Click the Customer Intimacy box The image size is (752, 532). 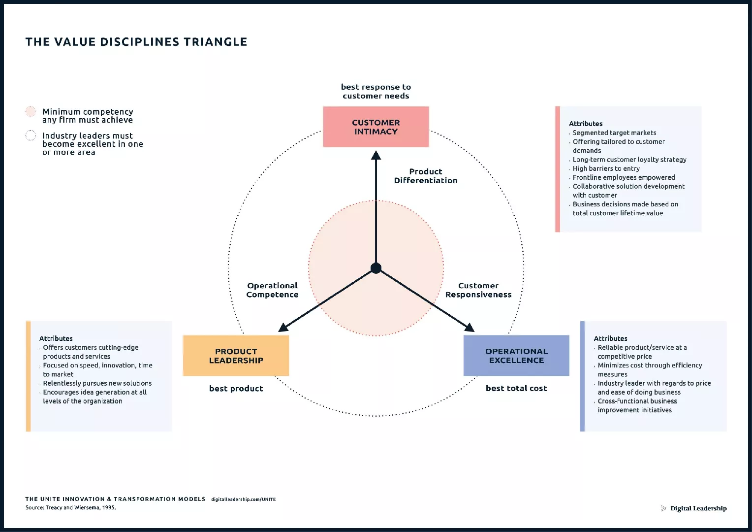(376, 127)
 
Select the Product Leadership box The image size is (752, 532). (236, 356)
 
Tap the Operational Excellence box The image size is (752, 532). (516, 356)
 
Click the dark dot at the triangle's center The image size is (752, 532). (376, 268)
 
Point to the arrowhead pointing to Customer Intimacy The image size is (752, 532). (376, 156)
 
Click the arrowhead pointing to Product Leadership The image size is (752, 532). (283, 327)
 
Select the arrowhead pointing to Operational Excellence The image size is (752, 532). (470, 328)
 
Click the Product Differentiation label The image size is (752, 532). (426, 176)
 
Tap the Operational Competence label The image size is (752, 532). (272, 290)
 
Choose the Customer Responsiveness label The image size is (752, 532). (478, 290)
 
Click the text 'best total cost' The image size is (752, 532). (516, 388)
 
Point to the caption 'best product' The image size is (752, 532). (236, 389)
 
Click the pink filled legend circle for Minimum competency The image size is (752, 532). (31, 111)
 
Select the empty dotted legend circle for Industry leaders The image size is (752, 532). (31, 135)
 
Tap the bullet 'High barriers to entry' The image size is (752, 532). (606, 168)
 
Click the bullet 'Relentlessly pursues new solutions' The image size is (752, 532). (97, 383)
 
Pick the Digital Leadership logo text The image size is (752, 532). (698, 508)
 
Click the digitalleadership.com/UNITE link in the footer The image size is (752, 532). (243, 499)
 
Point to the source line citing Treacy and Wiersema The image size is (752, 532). (71, 507)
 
